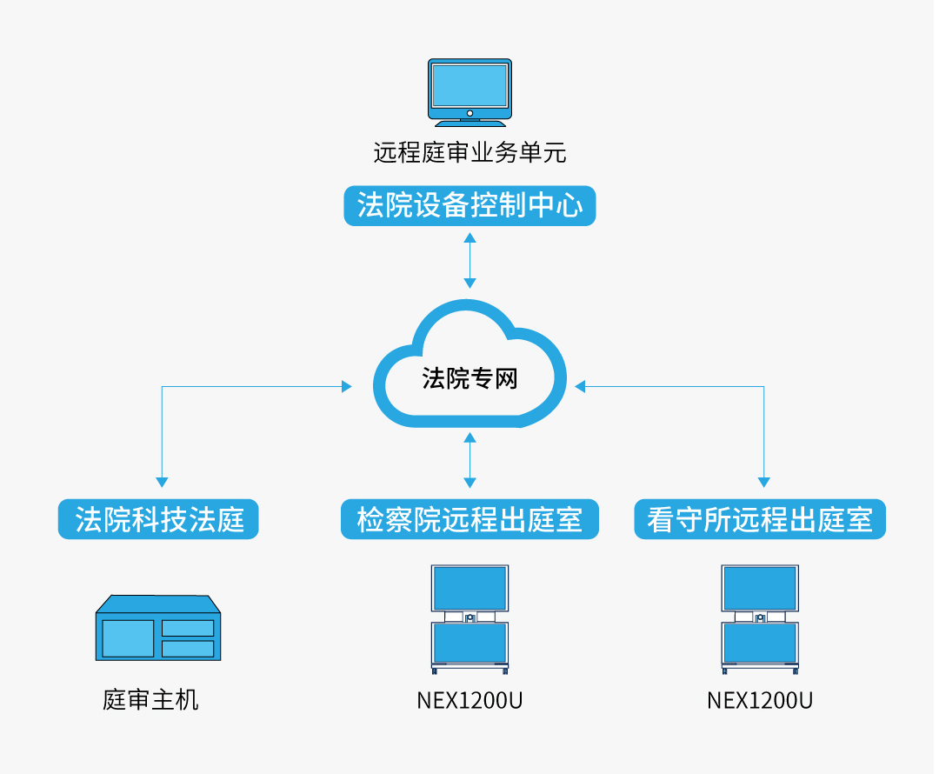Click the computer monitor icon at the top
pyautogui.click(x=469, y=90)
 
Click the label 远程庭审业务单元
pyautogui.click(x=469, y=153)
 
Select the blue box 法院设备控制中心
pyautogui.click(x=469, y=207)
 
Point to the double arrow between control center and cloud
pyautogui.click(x=469, y=260)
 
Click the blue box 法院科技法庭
pyautogui.click(x=158, y=519)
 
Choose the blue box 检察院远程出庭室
pyautogui.click(x=469, y=519)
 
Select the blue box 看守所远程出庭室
pyautogui.click(x=760, y=519)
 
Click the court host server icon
pyautogui.click(x=156, y=626)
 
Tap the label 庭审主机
pyautogui.click(x=150, y=699)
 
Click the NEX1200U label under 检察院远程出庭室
pyautogui.click(x=469, y=700)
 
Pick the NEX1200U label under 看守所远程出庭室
pyautogui.click(x=760, y=700)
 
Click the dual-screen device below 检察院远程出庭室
pyautogui.click(x=469, y=618)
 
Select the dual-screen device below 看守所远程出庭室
pyautogui.click(x=760, y=618)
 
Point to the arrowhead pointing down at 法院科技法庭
pyautogui.click(x=162, y=481)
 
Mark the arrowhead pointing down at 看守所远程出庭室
pyautogui.click(x=764, y=481)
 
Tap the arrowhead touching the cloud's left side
pyautogui.click(x=347, y=386)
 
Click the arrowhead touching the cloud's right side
pyautogui.click(x=580, y=386)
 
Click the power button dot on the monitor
pyautogui.click(x=469, y=113)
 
